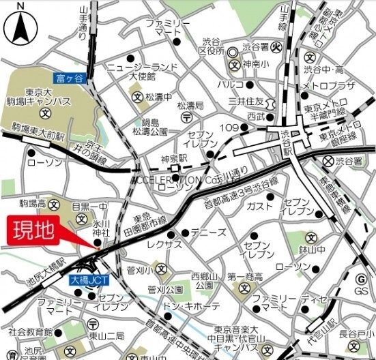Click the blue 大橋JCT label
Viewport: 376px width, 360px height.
tap(85, 280)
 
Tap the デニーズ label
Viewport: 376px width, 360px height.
tap(209, 232)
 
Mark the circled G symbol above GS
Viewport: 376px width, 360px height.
tap(362, 278)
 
